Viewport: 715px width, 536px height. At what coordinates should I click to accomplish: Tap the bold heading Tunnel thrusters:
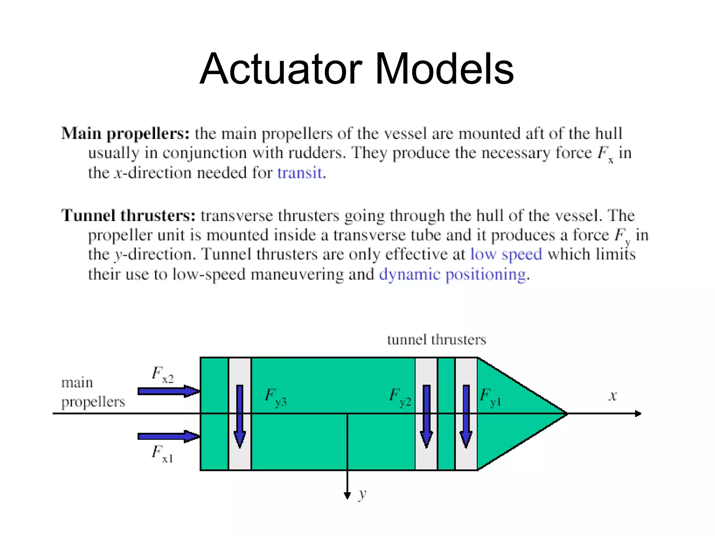pos(128,215)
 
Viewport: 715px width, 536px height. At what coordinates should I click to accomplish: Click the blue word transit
pos(299,173)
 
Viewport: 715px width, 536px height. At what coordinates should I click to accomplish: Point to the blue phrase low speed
pos(506,254)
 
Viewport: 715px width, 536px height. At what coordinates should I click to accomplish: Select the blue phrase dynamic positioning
pos(452,274)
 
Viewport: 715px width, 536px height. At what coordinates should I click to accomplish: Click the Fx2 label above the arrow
pos(162,375)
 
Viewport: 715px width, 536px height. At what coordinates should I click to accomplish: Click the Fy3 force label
pos(275,397)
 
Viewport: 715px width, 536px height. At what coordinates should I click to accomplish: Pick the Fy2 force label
pos(400,397)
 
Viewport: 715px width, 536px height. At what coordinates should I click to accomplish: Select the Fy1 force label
pos(490,397)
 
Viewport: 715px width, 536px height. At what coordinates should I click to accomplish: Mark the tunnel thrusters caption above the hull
pos(436,340)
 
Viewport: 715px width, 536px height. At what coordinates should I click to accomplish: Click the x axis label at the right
pos(613,396)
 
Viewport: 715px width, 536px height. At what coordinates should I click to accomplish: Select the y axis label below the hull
pos(362,494)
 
